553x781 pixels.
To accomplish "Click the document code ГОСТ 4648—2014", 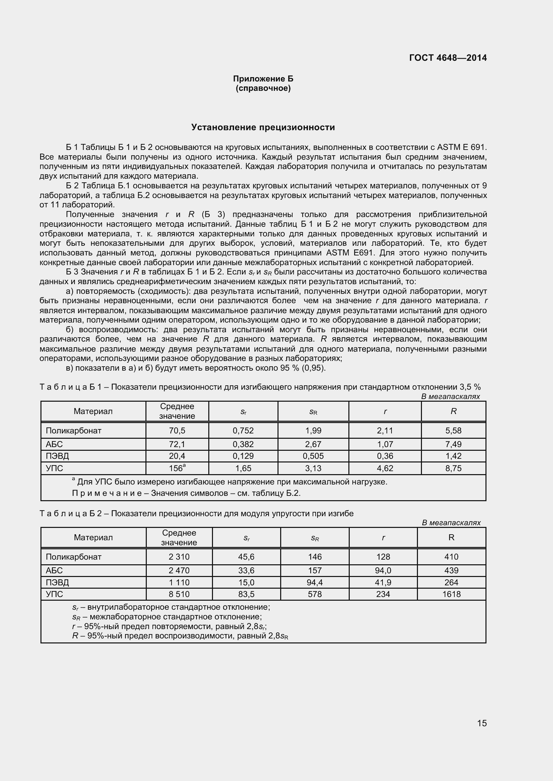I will click(448, 58).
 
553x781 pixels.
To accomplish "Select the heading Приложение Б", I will click(263, 79).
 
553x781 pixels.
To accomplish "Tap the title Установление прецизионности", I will click(263, 127).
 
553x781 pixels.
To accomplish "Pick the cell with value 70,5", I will click(177, 431).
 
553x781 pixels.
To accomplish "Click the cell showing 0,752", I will click(243, 431).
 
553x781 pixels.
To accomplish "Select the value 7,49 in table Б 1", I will click(453, 444).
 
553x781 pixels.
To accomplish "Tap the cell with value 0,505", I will click(313, 456).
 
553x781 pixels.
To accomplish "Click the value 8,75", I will click(453, 468).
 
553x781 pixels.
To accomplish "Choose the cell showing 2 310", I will click(179, 557).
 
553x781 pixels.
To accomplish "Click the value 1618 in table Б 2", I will click(451, 594).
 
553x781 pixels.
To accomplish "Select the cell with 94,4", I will click(315, 582).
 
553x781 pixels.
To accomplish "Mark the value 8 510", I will click(179, 594).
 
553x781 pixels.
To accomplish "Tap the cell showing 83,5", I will click(246, 594).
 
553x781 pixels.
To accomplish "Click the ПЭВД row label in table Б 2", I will click(57, 582).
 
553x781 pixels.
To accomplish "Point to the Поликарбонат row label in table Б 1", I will click(74, 431).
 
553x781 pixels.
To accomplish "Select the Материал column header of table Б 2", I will click(93, 538).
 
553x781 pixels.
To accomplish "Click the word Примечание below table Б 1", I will click(107, 493).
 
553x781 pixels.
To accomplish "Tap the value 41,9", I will click(383, 582).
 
